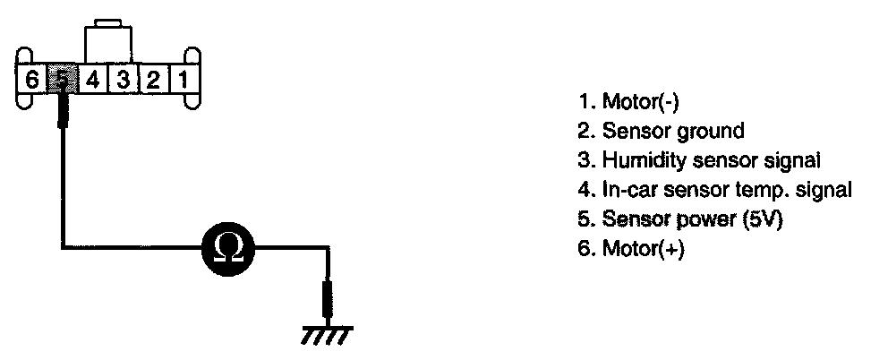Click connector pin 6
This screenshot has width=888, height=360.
[32, 79]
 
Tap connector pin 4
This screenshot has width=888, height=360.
[92, 79]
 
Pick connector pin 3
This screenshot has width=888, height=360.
[124, 79]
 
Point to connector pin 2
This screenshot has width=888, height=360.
[153, 79]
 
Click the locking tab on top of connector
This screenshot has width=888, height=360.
[107, 40]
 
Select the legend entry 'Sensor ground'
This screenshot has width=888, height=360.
[661, 131]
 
